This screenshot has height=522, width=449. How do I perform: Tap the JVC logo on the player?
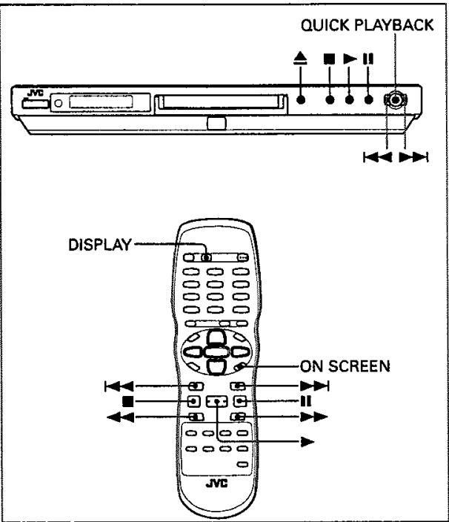coord(33,95)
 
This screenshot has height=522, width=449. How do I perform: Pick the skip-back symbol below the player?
coord(376,156)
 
